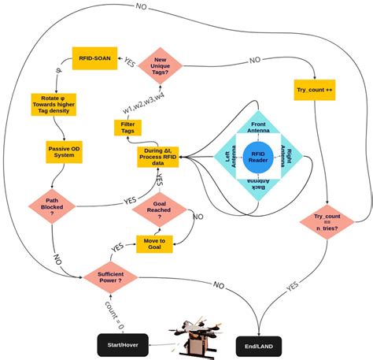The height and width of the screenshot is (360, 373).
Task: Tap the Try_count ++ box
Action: click(x=315, y=91)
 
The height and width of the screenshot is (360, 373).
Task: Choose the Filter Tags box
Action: click(x=128, y=128)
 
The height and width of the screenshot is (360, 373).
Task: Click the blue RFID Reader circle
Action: click(x=257, y=156)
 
